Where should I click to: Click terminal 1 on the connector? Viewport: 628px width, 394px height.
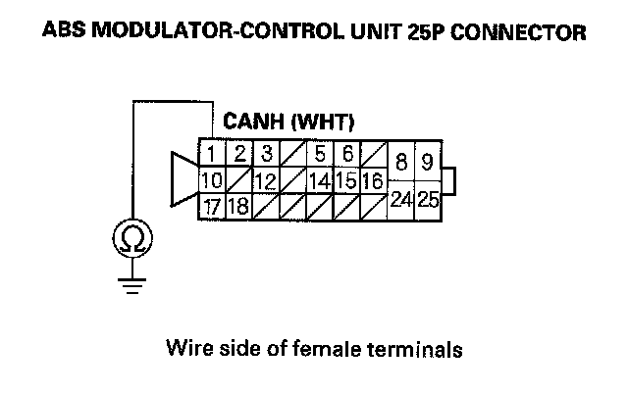click(211, 154)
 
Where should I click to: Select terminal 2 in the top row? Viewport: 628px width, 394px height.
click(238, 154)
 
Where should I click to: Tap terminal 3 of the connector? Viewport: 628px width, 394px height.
click(265, 154)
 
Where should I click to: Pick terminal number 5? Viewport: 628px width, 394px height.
click(320, 154)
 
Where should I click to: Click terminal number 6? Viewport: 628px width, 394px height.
click(346, 154)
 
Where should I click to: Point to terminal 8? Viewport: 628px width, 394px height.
click(401, 163)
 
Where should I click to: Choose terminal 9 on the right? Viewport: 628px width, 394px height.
click(428, 163)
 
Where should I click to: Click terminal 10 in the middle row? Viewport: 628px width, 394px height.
click(211, 180)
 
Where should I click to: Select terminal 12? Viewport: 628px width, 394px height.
click(265, 180)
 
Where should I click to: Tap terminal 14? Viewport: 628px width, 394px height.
click(320, 180)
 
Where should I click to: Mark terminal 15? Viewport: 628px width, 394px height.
click(346, 180)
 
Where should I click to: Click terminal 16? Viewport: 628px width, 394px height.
click(372, 180)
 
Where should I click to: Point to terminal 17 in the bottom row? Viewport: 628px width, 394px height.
click(211, 206)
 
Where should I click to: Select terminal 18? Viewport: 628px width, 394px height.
click(238, 206)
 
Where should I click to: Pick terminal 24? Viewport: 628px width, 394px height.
click(401, 199)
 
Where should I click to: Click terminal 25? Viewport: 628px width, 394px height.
click(428, 199)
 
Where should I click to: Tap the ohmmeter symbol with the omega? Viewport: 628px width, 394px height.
click(131, 238)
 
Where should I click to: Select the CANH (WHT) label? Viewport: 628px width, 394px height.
click(288, 123)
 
